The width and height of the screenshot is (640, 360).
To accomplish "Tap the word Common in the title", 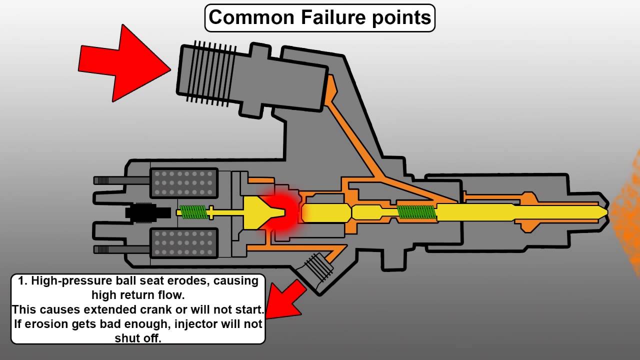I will [251, 17].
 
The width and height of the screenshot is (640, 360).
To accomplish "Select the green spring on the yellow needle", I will [416, 212].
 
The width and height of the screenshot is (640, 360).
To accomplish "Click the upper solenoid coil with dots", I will [184, 183].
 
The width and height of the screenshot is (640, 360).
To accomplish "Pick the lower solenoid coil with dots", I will [184, 243].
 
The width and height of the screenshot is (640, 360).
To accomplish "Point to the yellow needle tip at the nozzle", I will [602, 212].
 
